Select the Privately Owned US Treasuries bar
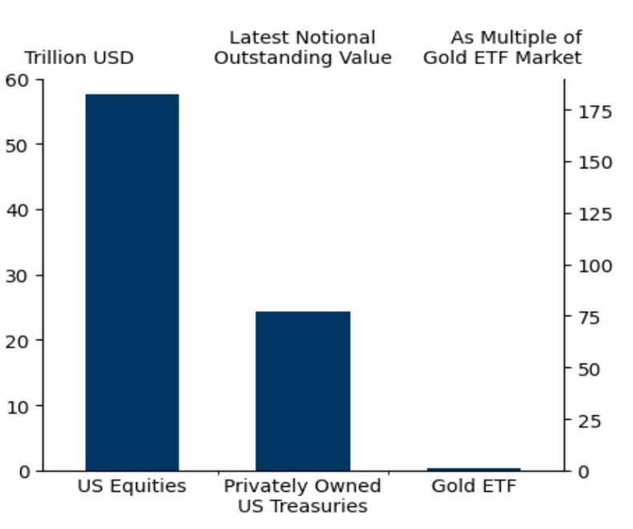pos(303,390)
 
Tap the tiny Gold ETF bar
pos(474,469)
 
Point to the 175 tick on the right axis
pos(595,111)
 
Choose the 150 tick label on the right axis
pos(595,163)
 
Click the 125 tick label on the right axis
pos(595,214)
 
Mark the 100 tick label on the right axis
pos(595,266)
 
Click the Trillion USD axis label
pos(79,59)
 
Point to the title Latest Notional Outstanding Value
pos(303,48)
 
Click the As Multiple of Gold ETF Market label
pos(503,48)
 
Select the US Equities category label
pos(132,487)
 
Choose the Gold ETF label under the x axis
pos(474,487)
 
